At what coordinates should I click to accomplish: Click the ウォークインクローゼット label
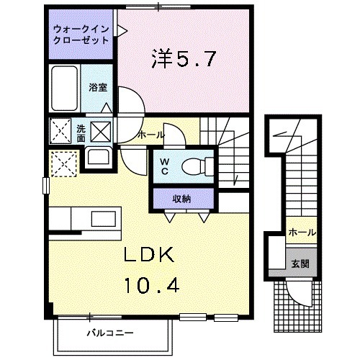(80, 34)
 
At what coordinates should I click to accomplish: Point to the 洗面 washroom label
(81, 134)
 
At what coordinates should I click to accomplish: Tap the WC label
(164, 168)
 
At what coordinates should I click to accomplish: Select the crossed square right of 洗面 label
(100, 132)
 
